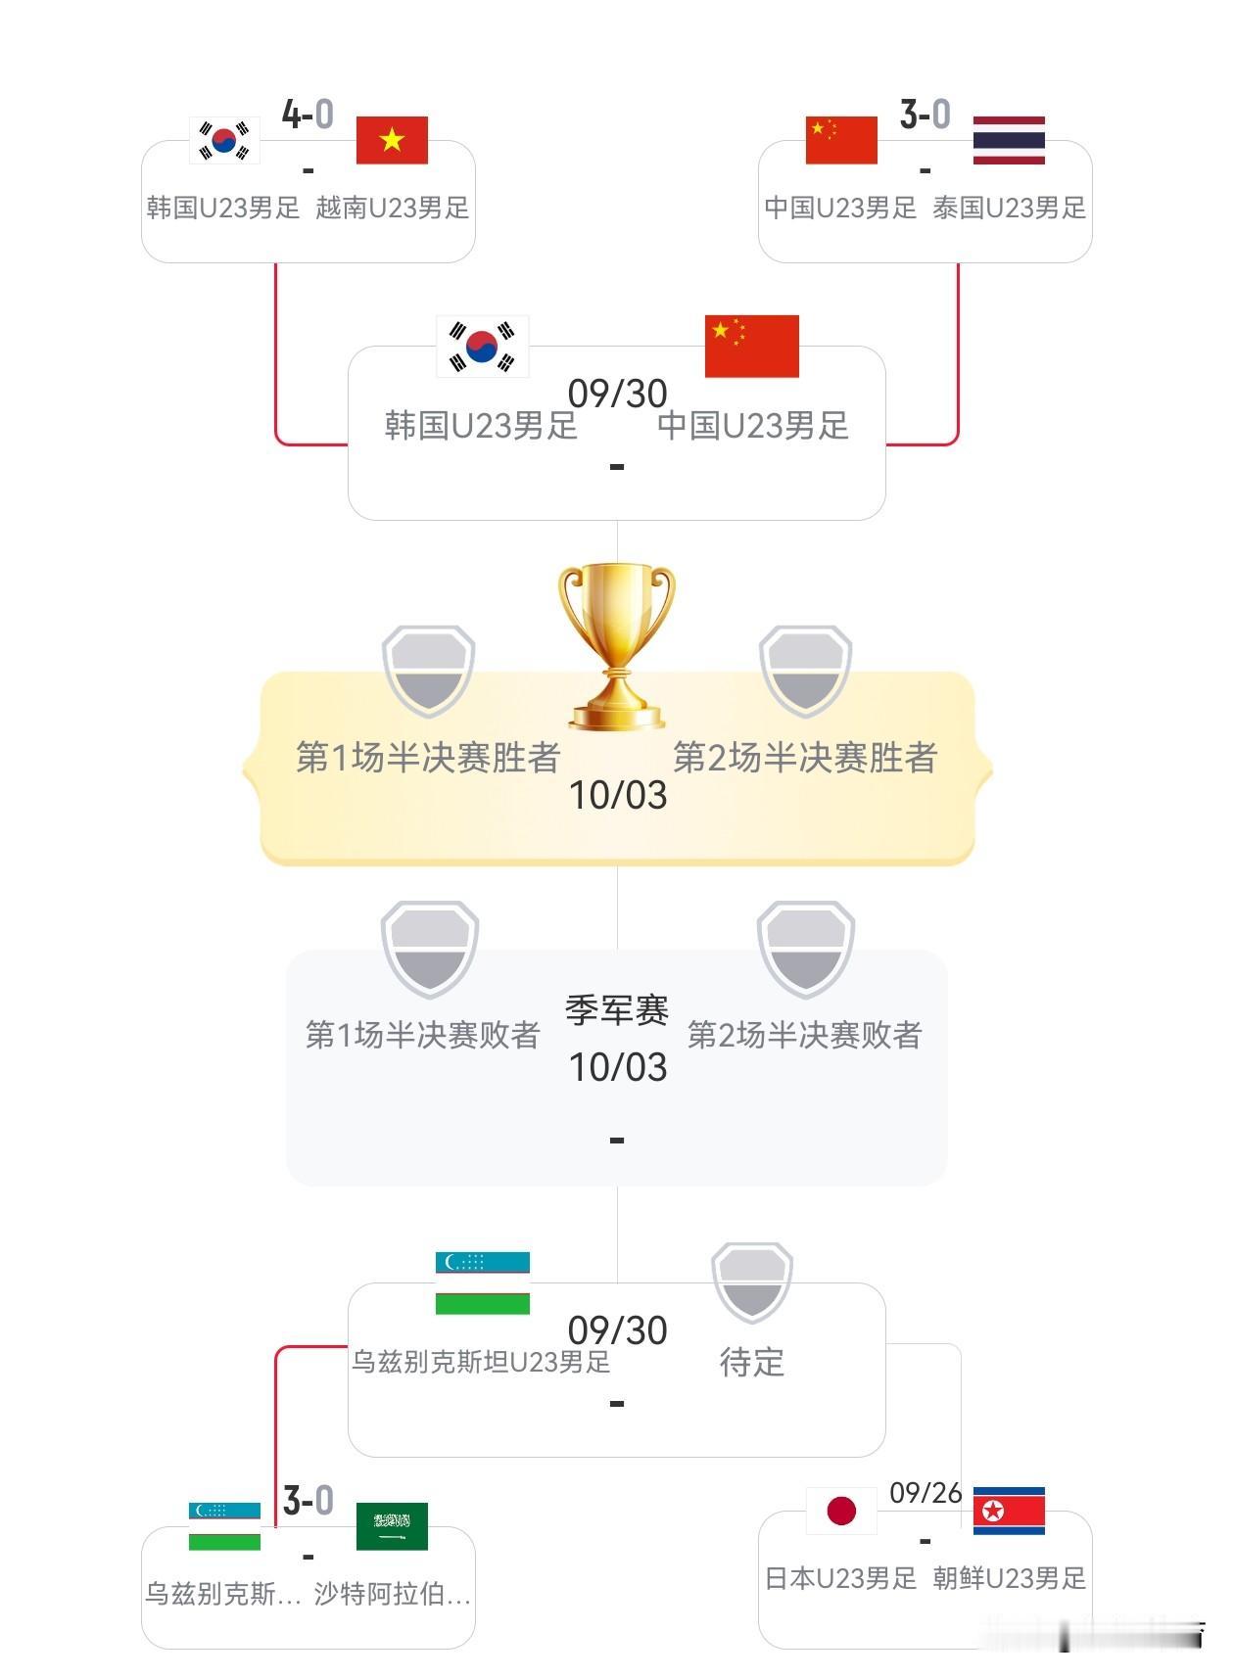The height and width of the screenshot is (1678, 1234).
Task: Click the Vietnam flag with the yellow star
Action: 391,140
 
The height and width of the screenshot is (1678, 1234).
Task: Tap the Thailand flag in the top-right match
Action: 1009,140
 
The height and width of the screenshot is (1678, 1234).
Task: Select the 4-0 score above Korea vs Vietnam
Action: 308,115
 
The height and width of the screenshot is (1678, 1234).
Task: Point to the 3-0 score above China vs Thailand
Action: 925,115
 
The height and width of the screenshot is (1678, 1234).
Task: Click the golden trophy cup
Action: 617,646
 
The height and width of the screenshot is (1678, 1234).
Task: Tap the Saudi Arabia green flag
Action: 391,1526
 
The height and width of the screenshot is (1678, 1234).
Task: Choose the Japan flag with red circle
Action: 841,1511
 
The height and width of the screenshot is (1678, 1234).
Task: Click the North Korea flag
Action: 1009,1511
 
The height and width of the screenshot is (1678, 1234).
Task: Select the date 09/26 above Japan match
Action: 925,1493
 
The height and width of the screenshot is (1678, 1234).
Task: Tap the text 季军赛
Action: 617,1010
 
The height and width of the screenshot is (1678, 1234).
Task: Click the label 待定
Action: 751,1362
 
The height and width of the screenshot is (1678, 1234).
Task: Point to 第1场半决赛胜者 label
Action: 428,758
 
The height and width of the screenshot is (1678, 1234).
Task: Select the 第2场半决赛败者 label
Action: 804,1035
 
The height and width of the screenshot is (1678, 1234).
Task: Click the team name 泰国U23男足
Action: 1009,208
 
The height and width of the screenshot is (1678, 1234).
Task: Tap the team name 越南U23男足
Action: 392,208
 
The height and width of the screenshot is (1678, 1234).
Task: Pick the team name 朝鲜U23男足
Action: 1009,1578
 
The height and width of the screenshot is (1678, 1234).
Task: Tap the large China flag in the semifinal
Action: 751,347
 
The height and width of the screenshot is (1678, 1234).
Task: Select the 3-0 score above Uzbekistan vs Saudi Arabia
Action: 308,1501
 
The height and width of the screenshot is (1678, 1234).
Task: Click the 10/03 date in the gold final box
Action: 617,796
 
